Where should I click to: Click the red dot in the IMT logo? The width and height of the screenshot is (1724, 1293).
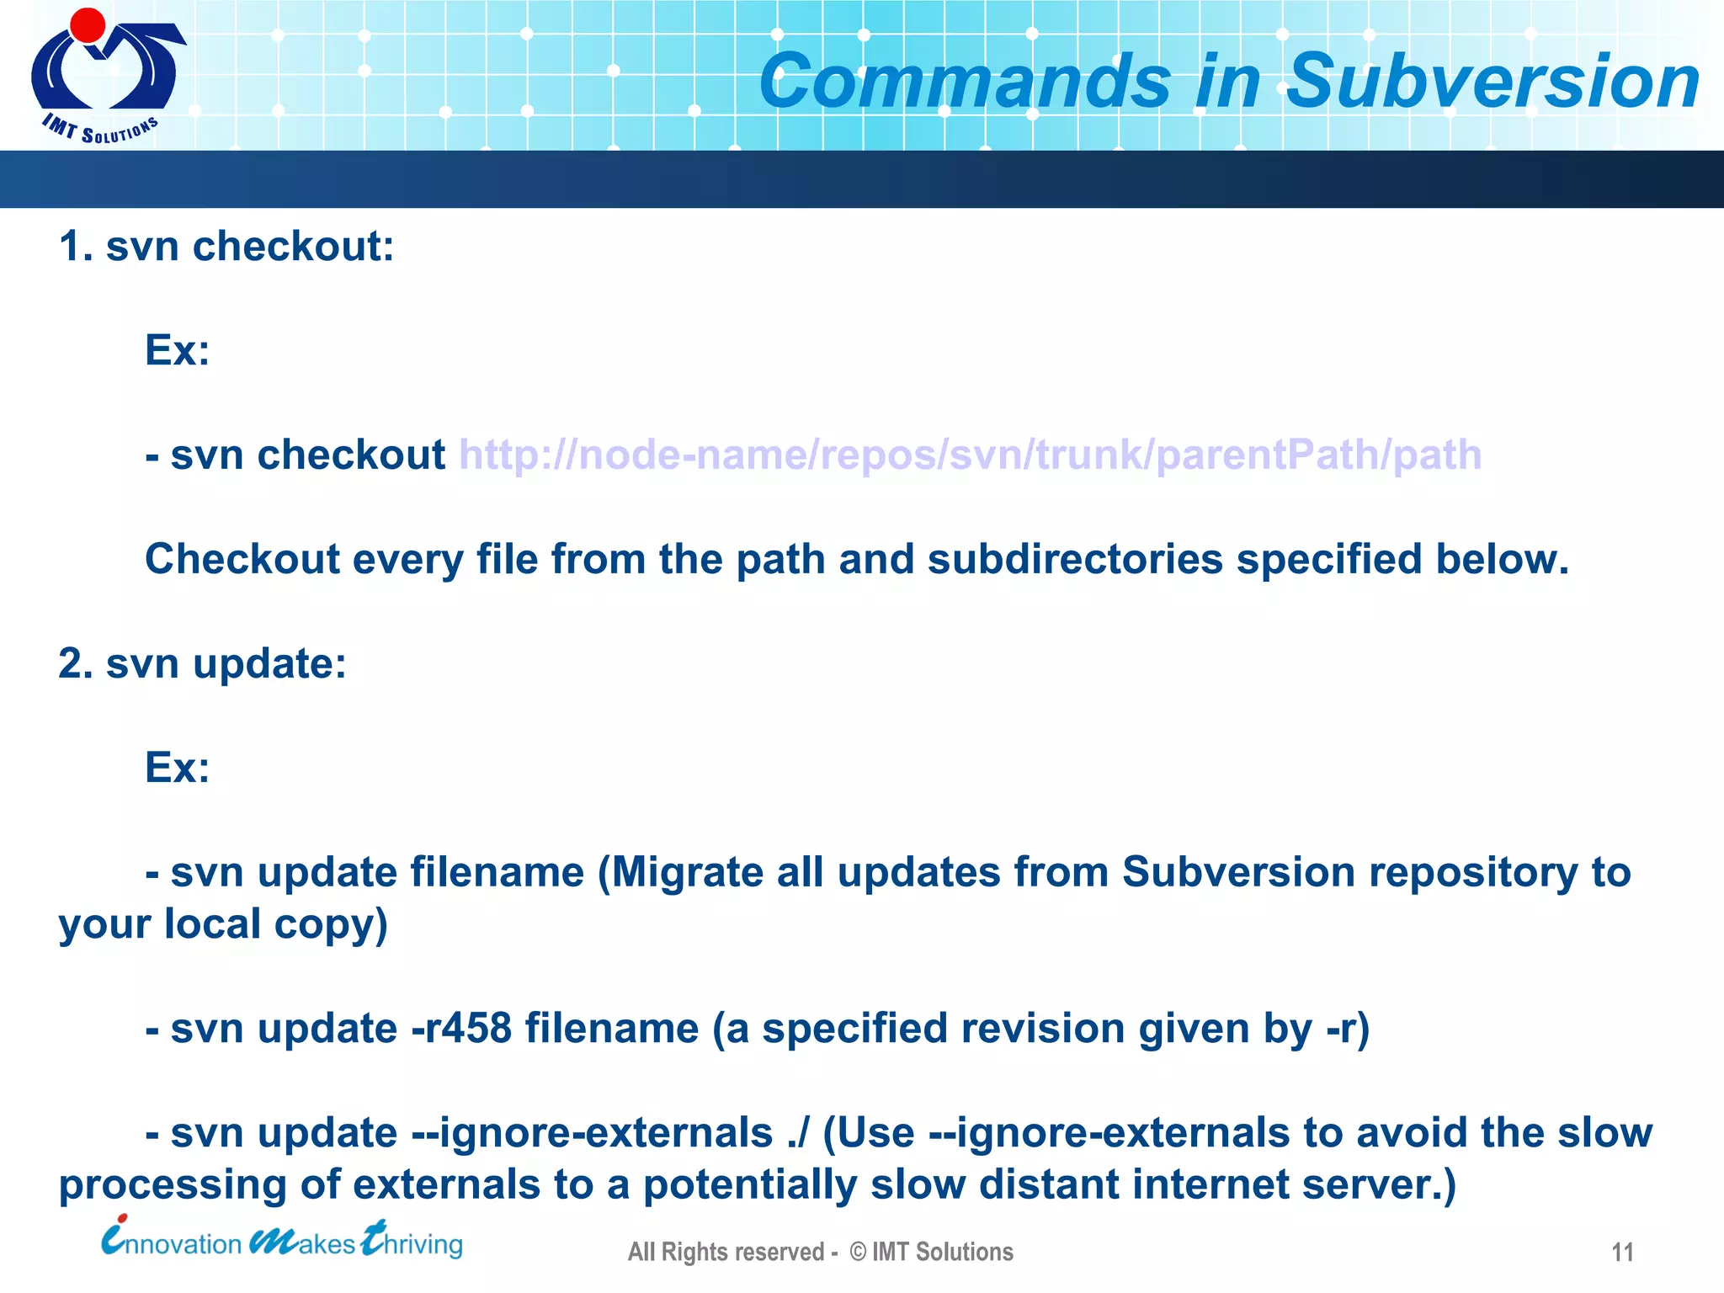(x=88, y=25)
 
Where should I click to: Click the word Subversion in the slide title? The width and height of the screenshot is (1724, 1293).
(x=1493, y=82)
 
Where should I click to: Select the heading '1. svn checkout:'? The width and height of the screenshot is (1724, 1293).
(x=226, y=247)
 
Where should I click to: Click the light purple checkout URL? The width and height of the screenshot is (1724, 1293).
(x=970, y=455)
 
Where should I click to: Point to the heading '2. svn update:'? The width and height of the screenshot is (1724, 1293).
(x=202, y=663)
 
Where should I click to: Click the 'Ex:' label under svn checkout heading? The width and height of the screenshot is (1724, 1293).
(x=177, y=349)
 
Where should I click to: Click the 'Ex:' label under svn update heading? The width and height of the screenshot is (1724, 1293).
(x=177, y=767)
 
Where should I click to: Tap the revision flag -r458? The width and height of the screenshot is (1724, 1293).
(x=461, y=1028)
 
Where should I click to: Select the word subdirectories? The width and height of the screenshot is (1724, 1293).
(x=1075, y=559)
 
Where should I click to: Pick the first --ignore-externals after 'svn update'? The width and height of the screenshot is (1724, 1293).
(x=592, y=1133)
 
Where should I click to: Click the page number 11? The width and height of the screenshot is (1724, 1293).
(x=1622, y=1253)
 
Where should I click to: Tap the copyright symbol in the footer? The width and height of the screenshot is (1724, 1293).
(x=858, y=1252)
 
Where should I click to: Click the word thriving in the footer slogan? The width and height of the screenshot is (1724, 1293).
(x=412, y=1242)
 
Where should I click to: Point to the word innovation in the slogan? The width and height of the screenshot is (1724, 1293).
(x=172, y=1242)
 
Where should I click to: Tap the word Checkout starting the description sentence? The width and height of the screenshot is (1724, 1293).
(x=242, y=559)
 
